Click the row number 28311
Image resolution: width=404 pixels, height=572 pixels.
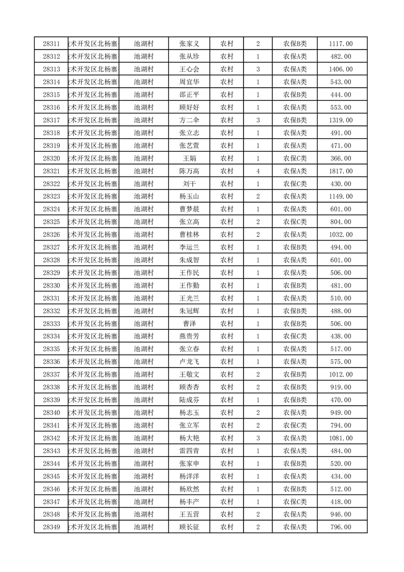click(x=51, y=44)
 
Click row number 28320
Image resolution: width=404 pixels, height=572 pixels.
click(x=51, y=159)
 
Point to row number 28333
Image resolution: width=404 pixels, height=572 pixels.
click(x=51, y=324)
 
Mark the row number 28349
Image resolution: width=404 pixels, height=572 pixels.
click(x=51, y=527)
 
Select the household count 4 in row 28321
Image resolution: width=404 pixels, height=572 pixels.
click(x=258, y=171)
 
